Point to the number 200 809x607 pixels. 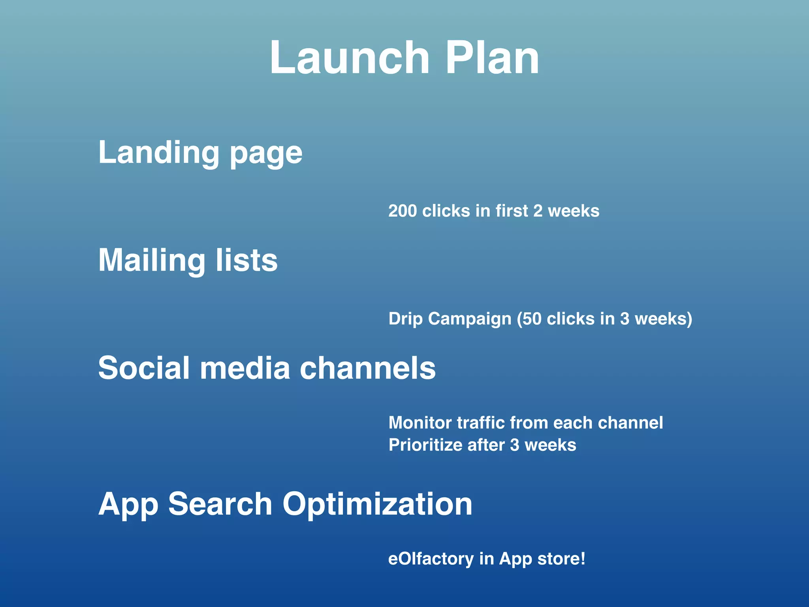pos(402,211)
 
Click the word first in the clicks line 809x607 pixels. pos(512,211)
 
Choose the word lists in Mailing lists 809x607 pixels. pos(247,261)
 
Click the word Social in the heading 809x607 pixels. pos(144,368)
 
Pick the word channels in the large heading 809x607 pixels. pos(367,368)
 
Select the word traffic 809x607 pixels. pos(480,423)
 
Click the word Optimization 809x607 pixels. pos(377,505)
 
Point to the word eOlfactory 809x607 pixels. pos(431,559)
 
